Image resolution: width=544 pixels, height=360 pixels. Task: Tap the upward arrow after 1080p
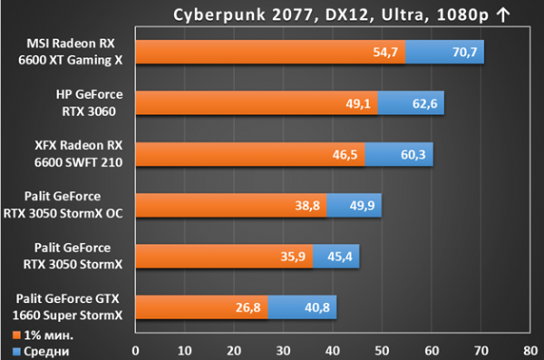coord(502,15)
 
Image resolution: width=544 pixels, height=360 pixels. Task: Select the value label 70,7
coord(465,53)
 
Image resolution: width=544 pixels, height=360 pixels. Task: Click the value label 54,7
coord(385,53)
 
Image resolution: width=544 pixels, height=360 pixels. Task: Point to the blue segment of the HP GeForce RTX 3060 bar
coord(411,102)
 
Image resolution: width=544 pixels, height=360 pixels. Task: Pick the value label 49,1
coord(358,103)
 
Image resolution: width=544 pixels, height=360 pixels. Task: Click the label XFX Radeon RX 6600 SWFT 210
coord(78,154)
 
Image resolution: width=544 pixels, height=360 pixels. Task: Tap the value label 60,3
coord(413,154)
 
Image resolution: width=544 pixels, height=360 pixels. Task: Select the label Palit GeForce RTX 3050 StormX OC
coord(63,205)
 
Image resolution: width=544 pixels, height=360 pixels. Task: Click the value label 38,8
coord(307,206)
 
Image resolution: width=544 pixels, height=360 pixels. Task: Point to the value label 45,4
coord(340,257)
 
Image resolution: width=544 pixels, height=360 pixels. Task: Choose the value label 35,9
coord(293,257)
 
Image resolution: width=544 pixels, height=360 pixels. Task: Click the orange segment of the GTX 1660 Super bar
coord(201,307)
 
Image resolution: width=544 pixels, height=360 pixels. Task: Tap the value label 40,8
coord(317,307)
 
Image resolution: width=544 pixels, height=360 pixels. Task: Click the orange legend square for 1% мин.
coord(16,336)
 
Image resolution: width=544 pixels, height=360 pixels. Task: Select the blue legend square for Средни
coord(16,352)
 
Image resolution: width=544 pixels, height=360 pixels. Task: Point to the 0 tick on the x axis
coord(135,351)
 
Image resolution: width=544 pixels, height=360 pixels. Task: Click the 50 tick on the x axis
coord(382,351)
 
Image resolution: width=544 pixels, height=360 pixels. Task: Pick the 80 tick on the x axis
coord(530,351)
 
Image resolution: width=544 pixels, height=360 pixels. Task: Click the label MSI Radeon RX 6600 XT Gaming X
coord(71,52)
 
